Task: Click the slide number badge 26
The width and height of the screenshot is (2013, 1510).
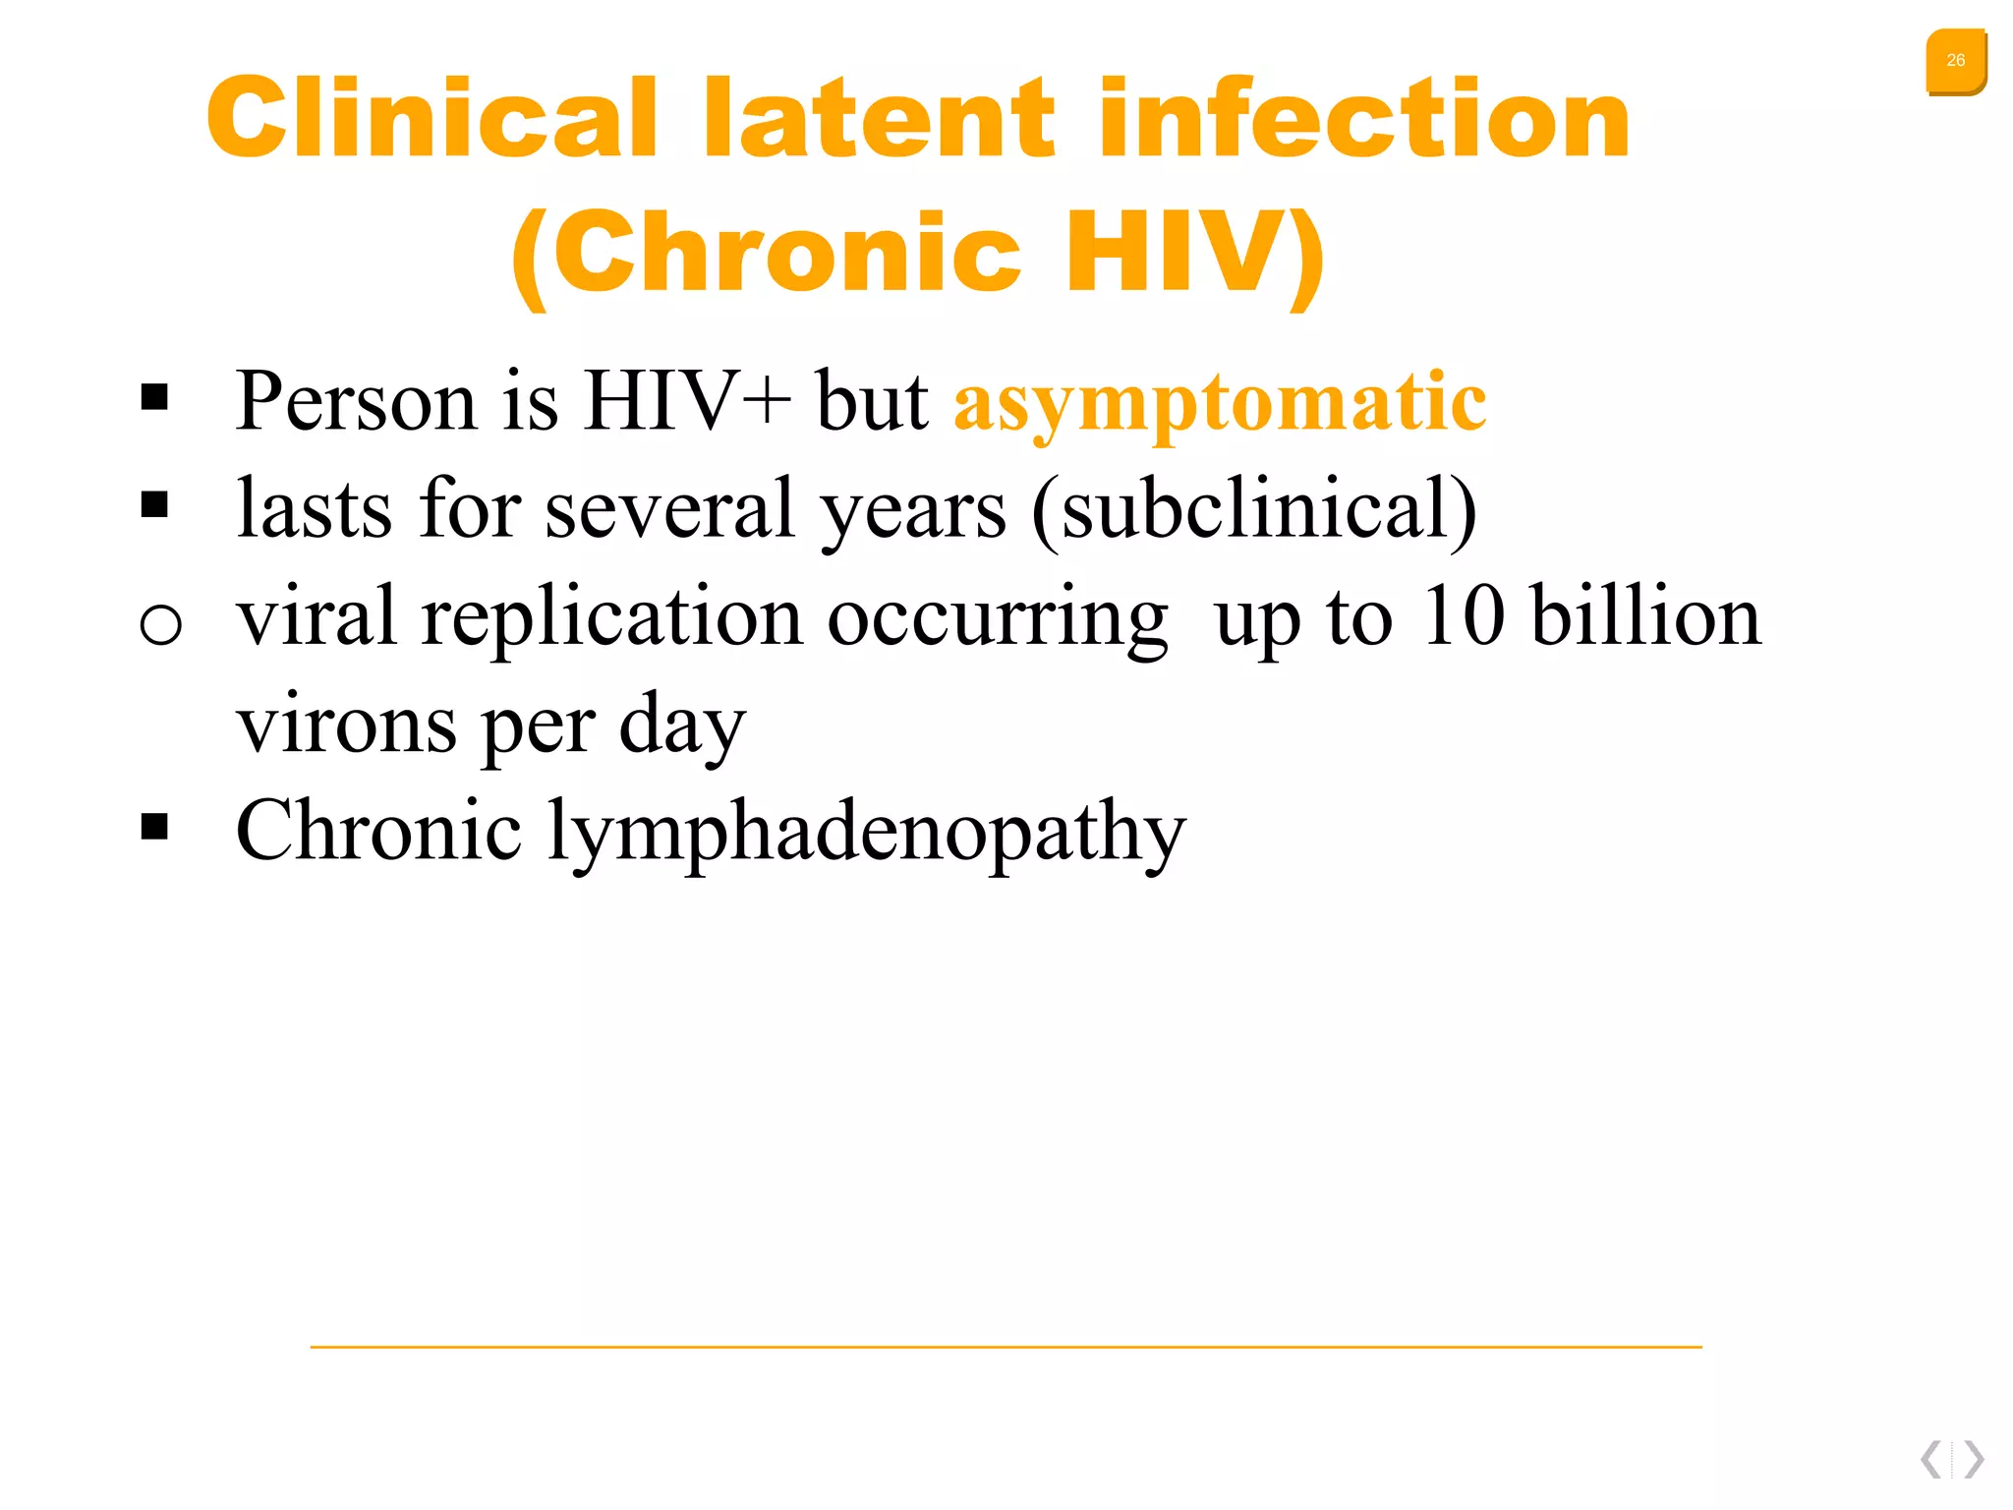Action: [1955, 61]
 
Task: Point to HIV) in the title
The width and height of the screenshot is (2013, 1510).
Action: [1195, 253]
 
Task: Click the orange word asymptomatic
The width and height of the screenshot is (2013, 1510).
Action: [1220, 402]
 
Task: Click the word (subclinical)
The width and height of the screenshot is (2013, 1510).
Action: [1254, 509]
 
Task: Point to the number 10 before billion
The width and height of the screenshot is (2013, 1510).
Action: [1464, 616]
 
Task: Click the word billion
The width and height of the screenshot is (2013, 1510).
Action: [1646, 616]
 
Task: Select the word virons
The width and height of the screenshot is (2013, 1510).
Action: [346, 725]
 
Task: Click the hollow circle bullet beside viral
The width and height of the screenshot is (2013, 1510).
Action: [160, 623]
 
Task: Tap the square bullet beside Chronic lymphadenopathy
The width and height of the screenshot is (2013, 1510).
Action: [154, 826]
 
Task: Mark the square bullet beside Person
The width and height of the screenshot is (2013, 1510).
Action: [154, 397]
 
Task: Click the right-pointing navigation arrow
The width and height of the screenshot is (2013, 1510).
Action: [1974, 1459]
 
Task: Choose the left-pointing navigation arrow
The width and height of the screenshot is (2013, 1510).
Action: [1931, 1459]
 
